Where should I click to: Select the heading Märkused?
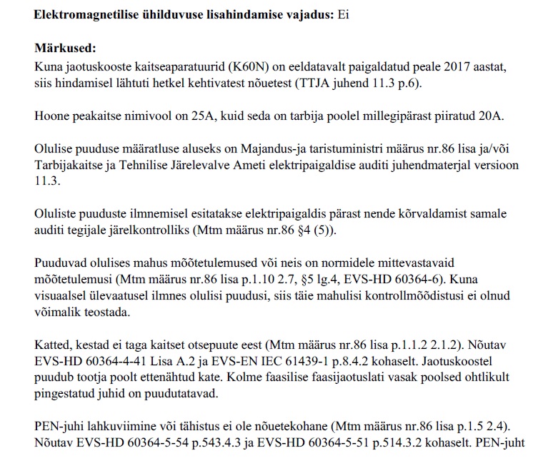(65, 49)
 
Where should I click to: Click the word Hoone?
(52, 116)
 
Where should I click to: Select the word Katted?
(51, 346)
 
